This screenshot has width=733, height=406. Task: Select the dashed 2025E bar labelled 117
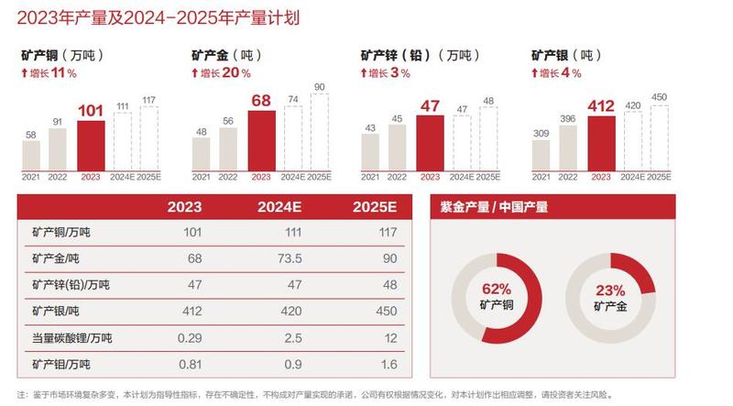148,138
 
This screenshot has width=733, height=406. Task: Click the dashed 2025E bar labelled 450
658,138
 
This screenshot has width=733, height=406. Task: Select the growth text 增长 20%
226,72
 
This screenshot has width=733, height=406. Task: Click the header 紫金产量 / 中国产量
496,207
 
